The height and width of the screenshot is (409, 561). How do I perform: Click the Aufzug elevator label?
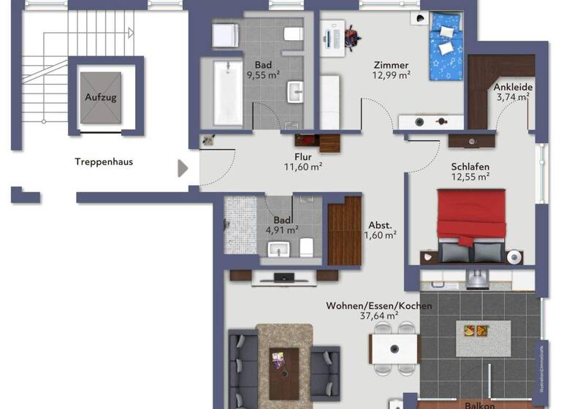tap(101, 96)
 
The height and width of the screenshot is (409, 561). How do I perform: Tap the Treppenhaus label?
tap(104, 162)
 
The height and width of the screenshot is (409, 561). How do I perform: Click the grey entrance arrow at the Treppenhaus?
tap(183, 169)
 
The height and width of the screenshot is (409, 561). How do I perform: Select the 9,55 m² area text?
tap(264, 74)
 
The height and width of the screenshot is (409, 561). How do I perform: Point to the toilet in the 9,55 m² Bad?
tap(293, 34)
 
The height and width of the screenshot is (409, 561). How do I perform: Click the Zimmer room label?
tap(390, 65)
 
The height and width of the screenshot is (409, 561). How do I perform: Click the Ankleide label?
tap(514, 87)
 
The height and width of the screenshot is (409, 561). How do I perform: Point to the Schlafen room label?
tap(470, 166)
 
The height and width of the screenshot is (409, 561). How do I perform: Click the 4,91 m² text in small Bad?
tap(281, 230)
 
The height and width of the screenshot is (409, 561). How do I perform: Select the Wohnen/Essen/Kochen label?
tap(379, 305)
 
